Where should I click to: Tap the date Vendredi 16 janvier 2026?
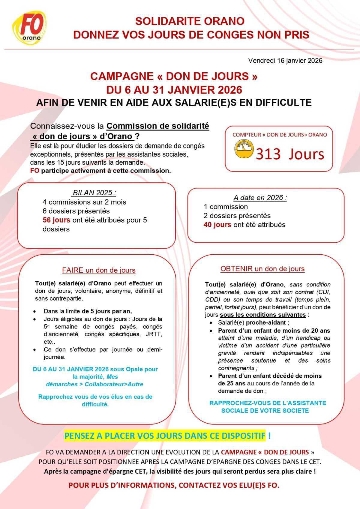(285, 61)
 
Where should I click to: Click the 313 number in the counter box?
(268, 154)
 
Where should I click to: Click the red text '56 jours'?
(56, 220)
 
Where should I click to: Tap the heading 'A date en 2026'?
(260, 198)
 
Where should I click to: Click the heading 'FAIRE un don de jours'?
(99, 270)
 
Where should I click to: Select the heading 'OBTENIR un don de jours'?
(262, 269)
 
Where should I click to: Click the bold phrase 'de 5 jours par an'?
(106, 311)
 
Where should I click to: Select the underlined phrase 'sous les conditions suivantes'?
(263, 315)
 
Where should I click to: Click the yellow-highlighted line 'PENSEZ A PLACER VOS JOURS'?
(165, 436)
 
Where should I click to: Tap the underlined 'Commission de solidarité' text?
(158, 126)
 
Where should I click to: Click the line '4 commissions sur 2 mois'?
(84, 202)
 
